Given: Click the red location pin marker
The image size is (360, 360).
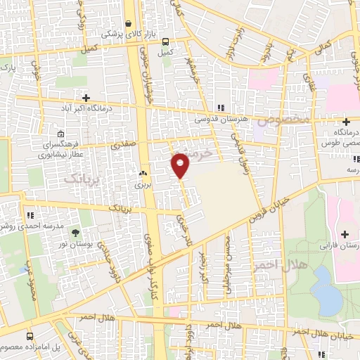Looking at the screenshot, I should [x=181, y=165].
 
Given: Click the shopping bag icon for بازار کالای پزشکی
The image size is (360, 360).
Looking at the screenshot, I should [x=129, y=22].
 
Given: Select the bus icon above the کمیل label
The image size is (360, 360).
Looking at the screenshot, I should [x=165, y=41].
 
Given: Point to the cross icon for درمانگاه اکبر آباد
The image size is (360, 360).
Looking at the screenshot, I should [x=86, y=98].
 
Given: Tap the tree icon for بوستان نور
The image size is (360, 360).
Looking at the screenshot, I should [x=75, y=233].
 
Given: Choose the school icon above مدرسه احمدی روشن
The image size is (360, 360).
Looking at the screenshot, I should [x=30, y=215].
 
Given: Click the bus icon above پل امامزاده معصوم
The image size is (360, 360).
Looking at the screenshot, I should [x=30, y=337].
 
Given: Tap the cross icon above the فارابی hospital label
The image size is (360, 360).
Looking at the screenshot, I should [x=344, y=234].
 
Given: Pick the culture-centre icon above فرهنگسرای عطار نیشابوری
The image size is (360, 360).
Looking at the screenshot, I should [x=60, y=134].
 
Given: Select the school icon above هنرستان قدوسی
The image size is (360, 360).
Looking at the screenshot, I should [x=220, y=108].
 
